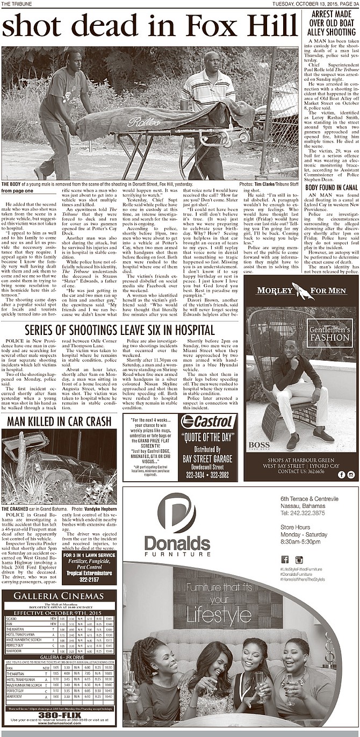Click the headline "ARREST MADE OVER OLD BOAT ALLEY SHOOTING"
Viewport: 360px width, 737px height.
(x=329, y=24)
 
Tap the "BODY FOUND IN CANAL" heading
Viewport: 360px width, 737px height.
(x=329, y=187)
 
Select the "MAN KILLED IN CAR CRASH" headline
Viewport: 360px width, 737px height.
(x=59, y=421)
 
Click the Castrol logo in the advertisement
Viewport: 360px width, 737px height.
(x=209, y=421)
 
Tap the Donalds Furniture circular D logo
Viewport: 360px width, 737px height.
(x=177, y=511)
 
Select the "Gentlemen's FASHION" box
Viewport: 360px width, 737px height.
(x=329, y=333)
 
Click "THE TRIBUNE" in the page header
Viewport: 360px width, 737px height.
(x=16, y=3)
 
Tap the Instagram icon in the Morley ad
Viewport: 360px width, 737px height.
(x=350, y=474)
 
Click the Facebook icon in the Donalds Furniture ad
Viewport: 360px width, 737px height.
(x=285, y=559)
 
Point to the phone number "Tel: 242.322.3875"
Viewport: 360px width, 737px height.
(x=302, y=513)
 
